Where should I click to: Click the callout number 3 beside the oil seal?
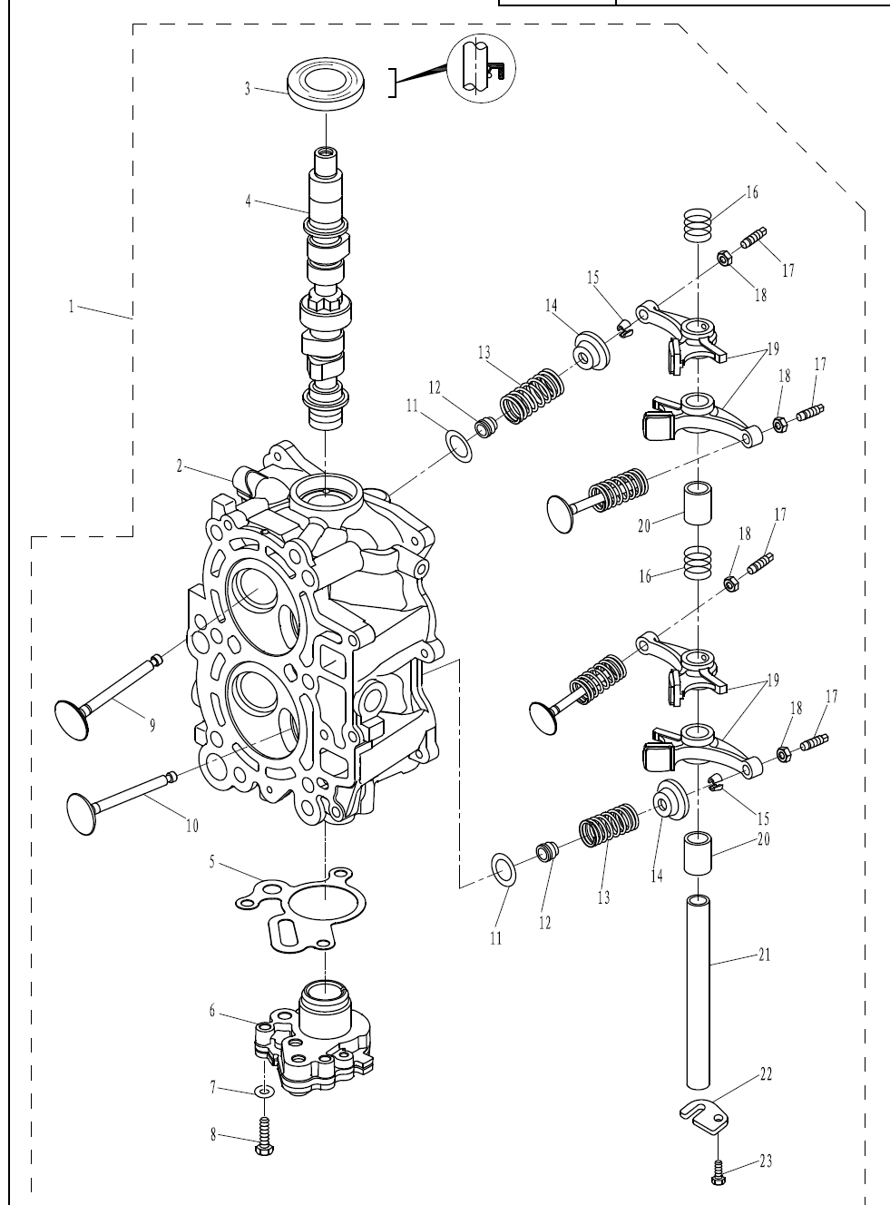click(x=248, y=89)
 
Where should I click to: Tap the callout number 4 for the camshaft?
click(x=249, y=201)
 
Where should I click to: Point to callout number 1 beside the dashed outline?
click(x=71, y=307)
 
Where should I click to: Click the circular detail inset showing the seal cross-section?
click(x=481, y=68)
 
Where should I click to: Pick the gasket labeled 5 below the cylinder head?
click(x=300, y=909)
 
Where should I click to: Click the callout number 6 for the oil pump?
click(x=212, y=1011)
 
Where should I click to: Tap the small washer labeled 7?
click(x=265, y=1091)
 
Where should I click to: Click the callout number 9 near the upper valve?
click(x=152, y=725)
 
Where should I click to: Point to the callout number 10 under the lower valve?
click(x=192, y=827)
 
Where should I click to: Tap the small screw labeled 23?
click(x=719, y=1173)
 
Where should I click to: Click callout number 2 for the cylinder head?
click(x=180, y=466)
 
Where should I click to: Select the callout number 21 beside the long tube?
click(x=765, y=955)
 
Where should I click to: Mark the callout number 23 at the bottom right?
click(x=766, y=1161)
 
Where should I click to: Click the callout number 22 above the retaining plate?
click(x=766, y=1074)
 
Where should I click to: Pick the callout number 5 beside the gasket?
click(x=212, y=862)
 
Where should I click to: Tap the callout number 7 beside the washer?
click(x=213, y=1087)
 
